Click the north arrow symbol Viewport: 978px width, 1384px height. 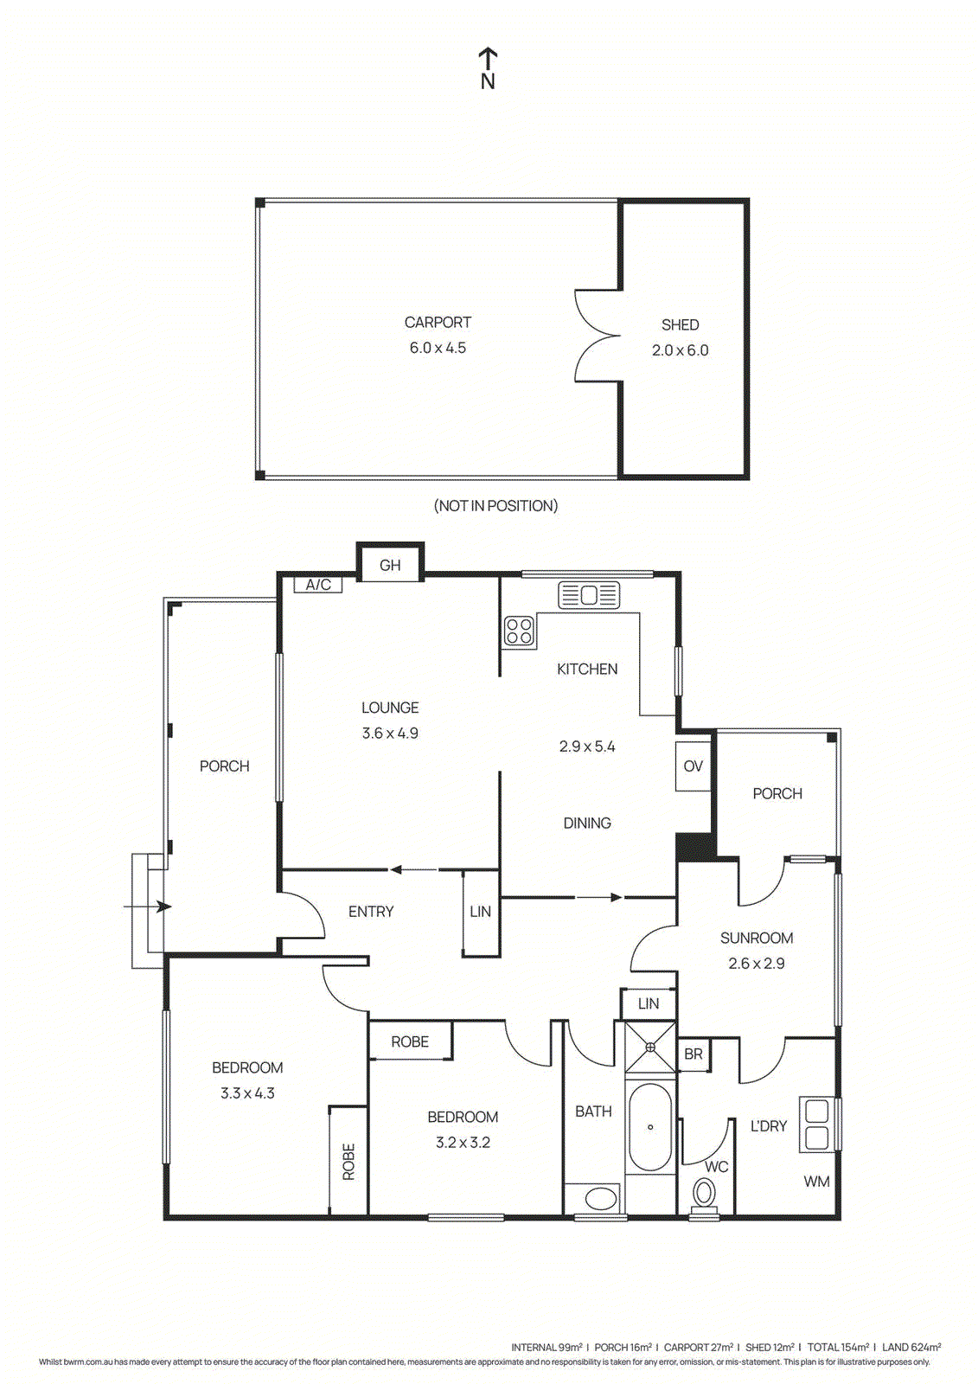click(488, 67)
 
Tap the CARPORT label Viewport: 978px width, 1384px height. click(438, 323)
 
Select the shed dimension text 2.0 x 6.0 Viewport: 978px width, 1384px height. click(680, 350)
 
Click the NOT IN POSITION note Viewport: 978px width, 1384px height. click(495, 506)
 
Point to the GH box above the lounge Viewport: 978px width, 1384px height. click(390, 565)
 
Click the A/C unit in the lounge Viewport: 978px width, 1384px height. click(318, 585)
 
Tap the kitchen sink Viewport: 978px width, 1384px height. click(589, 595)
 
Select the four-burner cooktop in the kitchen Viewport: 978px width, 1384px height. click(520, 631)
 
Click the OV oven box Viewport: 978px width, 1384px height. click(693, 766)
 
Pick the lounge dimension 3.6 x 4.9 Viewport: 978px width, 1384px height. click(390, 734)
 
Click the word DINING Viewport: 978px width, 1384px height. click(587, 823)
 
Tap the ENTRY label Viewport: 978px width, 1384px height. click(371, 912)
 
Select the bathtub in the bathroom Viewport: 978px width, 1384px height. click(650, 1126)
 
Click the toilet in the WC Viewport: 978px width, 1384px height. click(705, 1196)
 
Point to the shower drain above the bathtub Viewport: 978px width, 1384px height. click(650, 1048)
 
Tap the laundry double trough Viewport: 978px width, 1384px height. click(817, 1124)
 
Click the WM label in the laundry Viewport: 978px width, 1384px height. click(816, 1182)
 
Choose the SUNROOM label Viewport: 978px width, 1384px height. click(757, 939)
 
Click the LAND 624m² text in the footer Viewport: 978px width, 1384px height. click(911, 1347)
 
